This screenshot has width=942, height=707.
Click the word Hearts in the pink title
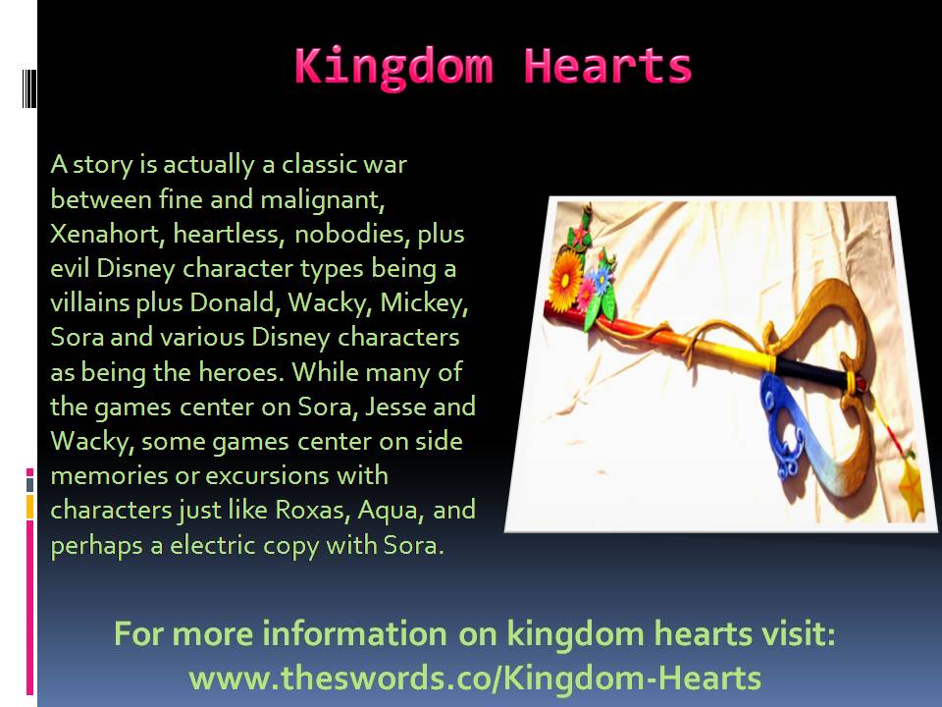pos(607,66)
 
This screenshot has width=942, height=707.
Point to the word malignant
pos(323,200)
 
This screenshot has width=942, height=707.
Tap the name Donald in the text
pos(235,303)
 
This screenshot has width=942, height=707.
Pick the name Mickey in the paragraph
pos(424,303)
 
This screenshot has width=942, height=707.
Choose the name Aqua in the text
pos(392,511)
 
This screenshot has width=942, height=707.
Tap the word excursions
pos(267,476)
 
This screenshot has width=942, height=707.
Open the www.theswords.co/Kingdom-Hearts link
pos(475,679)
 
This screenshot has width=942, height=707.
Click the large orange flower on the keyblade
pos(565,282)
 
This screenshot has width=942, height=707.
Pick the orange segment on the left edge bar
pos(29,507)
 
